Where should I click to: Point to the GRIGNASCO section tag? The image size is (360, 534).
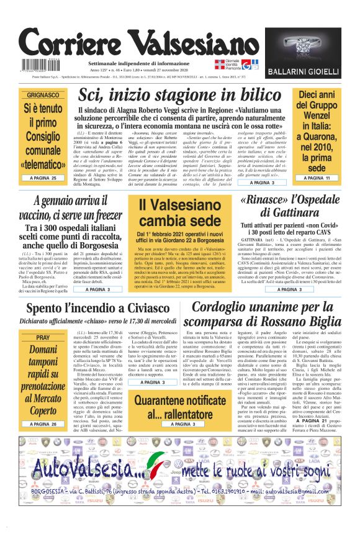42,96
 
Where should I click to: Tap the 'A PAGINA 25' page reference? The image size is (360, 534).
42,178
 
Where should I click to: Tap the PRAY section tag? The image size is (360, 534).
42,337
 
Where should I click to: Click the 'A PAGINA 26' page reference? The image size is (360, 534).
42,423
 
